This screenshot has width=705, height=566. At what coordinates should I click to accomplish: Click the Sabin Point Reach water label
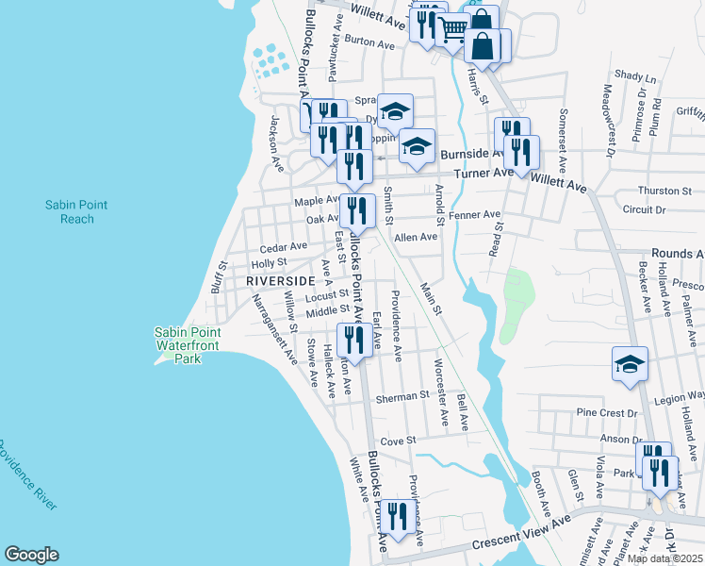point(70,211)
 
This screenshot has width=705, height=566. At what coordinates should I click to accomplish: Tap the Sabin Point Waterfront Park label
point(189,345)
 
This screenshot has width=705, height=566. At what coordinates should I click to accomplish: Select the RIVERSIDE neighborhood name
point(280,281)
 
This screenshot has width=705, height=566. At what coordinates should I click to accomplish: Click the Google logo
point(31,555)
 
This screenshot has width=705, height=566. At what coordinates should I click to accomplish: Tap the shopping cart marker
point(453,30)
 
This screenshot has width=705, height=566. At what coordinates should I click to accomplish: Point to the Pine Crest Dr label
point(600,412)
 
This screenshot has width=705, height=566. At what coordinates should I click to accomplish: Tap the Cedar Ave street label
point(284,246)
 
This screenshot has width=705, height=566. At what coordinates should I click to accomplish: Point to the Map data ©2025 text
point(665,558)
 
